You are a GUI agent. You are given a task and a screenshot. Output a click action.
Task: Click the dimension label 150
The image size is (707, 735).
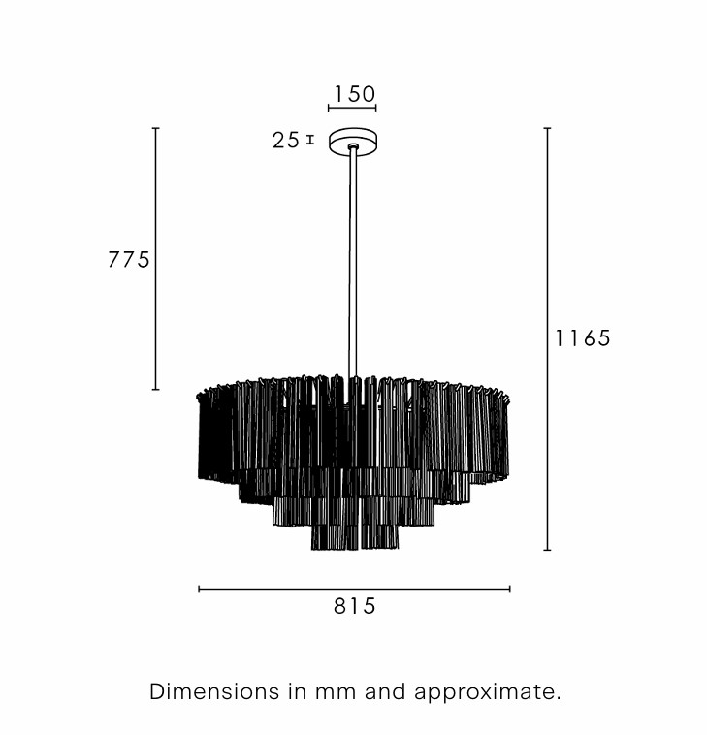tap(354, 94)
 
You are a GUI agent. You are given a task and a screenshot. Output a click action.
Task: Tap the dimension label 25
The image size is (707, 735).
tap(286, 141)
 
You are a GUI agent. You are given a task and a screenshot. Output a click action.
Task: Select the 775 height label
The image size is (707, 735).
tap(129, 259)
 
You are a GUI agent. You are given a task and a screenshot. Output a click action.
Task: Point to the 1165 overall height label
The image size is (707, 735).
tap(583, 338)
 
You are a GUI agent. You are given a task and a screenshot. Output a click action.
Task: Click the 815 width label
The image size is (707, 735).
tap(354, 606)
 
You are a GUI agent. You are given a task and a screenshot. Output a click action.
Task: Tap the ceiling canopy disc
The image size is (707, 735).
tap(353, 141)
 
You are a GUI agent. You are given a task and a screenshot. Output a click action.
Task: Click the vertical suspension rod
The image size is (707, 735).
tap(352, 263)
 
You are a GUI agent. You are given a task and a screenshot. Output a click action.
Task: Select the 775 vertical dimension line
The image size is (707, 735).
tap(156, 258)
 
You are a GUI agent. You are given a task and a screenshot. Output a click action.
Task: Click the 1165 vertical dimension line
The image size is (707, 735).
tap(547, 338)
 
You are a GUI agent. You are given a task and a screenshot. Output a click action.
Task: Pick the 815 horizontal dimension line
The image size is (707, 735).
tap(354, 589)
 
